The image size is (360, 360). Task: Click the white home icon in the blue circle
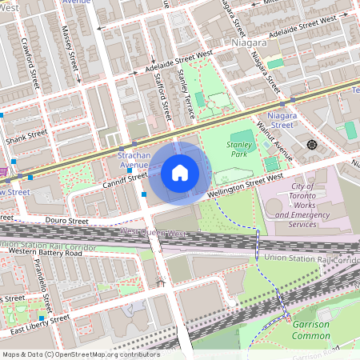180,173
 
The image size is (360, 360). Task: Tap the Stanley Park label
240,150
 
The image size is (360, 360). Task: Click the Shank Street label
23,138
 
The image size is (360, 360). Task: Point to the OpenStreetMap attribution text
80,354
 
